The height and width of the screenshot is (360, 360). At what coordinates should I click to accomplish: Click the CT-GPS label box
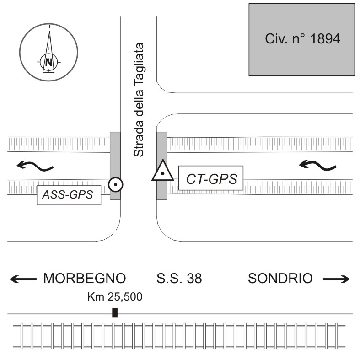click(210, 178)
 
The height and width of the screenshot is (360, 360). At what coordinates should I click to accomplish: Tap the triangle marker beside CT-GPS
click(162, 172)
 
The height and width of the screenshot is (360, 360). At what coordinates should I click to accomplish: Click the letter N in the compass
click(48, 61)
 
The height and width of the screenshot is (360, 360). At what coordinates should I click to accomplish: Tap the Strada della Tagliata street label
click(139, 100)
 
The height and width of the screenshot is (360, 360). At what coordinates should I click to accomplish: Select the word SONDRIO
click(281, 278)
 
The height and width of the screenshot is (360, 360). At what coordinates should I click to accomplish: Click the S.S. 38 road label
click(179, 278)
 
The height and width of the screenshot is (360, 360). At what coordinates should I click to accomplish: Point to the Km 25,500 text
click(115, 296)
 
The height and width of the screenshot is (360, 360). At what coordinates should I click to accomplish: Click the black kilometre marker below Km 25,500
click(115, 312)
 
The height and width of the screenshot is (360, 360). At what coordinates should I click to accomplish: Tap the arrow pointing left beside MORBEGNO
click(23, 279)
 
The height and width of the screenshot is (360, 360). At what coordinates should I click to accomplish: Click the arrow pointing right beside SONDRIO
click(336, 279)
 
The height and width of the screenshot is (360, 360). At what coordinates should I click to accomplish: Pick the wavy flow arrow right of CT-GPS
click(318, 164)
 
